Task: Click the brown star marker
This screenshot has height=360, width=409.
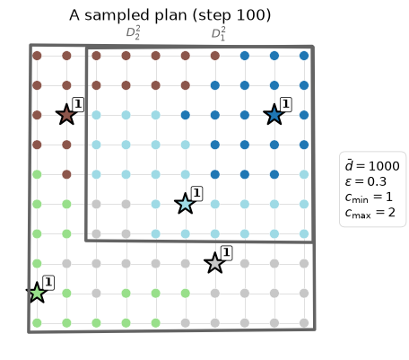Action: pyautogui.click(x=66, y=115)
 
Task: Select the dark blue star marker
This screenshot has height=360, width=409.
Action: pyautogui.click(x=274, y=115)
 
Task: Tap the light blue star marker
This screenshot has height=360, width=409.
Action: pyautogui.click(x=186, y=204)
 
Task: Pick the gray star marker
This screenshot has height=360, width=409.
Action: pyautogui.click(x=214, y=263)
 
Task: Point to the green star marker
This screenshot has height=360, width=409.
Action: pyautogui.click(x=37, y=293)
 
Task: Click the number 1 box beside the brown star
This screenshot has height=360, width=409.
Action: pyautogui.click(x=78, y=104)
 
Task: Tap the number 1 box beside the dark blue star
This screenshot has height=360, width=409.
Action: pyautogui.click(x=286, y=104)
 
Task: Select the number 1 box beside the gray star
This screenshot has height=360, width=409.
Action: pyautogui.click(x=226, y=252)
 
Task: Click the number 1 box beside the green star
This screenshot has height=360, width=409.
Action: pyautogui.click(x=48, y=282)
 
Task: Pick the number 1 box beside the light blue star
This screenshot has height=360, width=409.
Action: pyautogui.click(x=196, y=193)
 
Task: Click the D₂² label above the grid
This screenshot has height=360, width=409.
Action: pyautogui.click(x=133, y=32)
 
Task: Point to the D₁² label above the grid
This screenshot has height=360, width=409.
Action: pyautogui.click(x=219, y=33)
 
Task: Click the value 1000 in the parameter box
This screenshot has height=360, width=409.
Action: pyautogui.click(x=384, y=166)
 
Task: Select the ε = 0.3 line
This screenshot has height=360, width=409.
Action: pyautogui.click(x=366, y=181)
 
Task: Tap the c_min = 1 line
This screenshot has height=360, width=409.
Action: pyautogui.click(x=369, y=198)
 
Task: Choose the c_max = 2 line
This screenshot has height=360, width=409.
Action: pyautogui.click(x=370, y=213)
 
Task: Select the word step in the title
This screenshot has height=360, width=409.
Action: pyautogui.click(x=213, y=16)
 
